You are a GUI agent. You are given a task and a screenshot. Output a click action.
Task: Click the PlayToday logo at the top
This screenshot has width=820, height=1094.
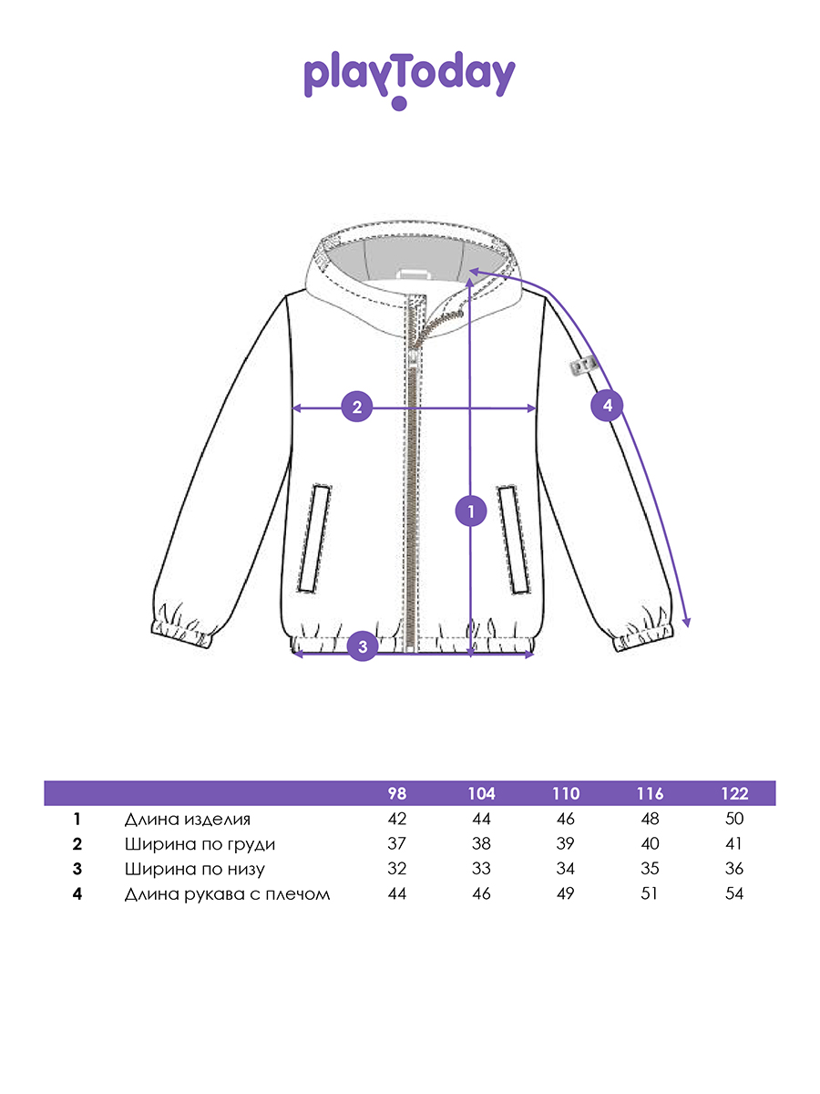[409, 78]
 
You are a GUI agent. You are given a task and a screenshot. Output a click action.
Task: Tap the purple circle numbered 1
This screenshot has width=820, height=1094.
[470, 512]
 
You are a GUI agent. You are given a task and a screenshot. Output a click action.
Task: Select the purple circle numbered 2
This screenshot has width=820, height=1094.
[357, 408]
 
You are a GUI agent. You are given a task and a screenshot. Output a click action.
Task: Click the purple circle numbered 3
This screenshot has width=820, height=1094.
[363, 647]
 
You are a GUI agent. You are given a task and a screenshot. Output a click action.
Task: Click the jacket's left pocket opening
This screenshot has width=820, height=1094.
[315, 538]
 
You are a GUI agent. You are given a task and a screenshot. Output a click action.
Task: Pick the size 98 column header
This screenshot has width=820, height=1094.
[396, 793]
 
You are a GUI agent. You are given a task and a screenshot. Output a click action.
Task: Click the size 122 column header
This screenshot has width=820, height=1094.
[733, 793]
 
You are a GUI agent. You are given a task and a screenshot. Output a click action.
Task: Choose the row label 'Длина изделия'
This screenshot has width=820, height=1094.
[187, 819]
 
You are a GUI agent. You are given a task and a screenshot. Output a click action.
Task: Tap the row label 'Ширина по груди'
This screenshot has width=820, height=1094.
[200, 844]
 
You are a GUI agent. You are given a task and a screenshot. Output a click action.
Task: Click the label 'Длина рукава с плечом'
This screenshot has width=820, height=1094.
[227, 893]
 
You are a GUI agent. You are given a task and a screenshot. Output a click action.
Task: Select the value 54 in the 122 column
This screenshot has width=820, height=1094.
[733, 893]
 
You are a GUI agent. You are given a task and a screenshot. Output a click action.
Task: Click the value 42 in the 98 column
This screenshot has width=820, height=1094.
[396, 819]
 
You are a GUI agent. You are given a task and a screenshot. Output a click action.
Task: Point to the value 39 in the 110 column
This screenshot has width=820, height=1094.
[565, 844]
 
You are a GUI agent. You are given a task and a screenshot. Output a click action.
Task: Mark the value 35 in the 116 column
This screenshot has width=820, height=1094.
[650, 869]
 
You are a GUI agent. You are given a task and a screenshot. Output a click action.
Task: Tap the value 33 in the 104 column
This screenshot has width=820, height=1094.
[481, 869]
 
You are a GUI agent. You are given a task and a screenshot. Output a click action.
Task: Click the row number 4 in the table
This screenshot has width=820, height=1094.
[77, 893]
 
